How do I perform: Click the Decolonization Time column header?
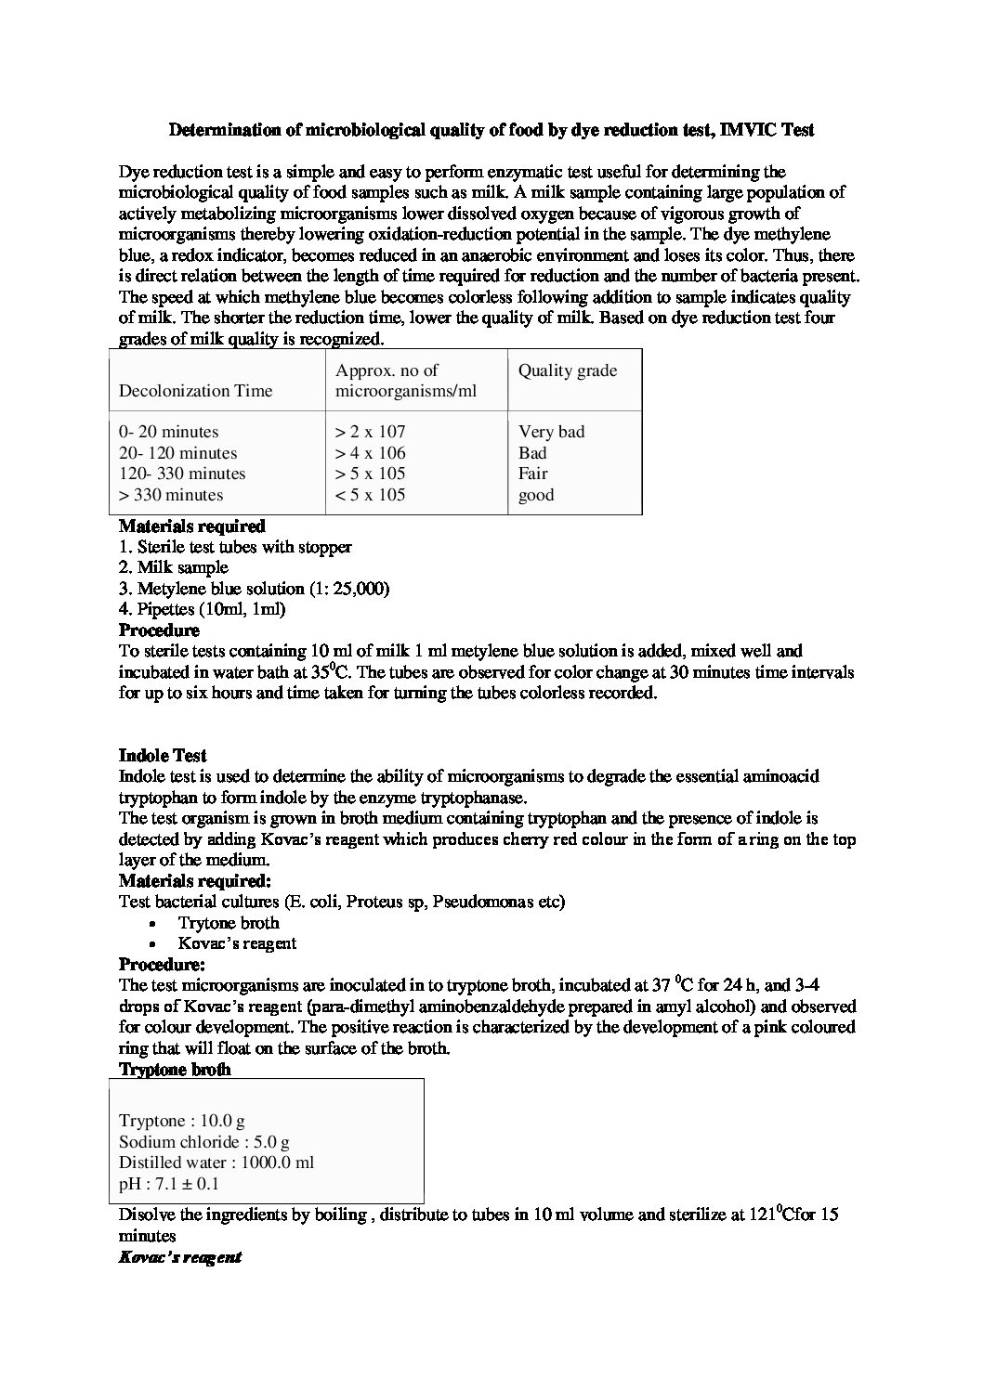coord(195,391)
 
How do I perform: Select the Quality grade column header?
coord(567,370)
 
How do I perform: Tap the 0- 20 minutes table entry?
coord(169,432)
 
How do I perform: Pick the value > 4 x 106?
coord(370,453)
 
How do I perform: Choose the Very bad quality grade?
coord(551,432)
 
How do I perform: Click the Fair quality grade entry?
coord(532,474)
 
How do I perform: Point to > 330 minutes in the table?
coord(171,495)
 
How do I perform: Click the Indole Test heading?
coord(163,756)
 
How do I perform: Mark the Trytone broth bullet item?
coord(229,923)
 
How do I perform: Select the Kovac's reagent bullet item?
coord(237,943)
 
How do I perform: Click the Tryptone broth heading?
coord(175,1069)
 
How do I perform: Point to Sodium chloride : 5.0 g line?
coord(203,1142)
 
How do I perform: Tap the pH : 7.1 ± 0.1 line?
coord(169,1184)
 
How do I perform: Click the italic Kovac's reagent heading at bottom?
coord(180,1257)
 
